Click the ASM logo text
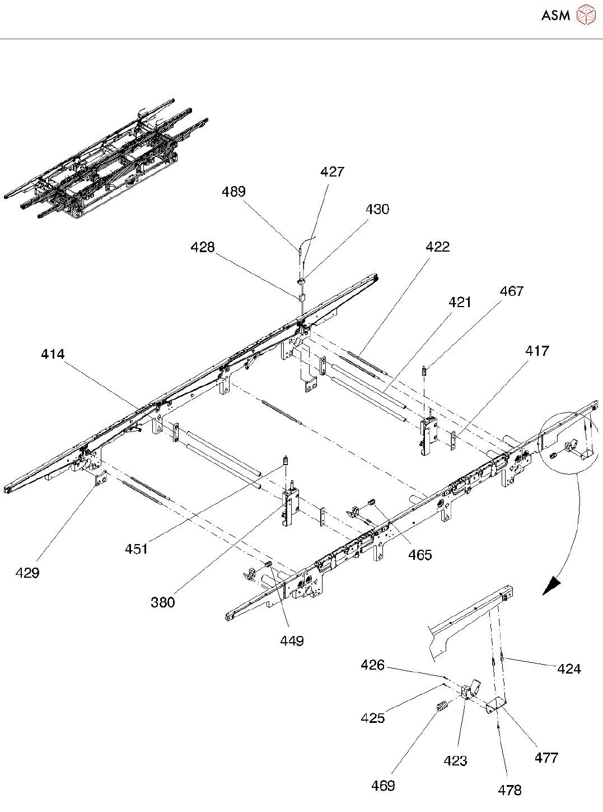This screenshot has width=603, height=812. pyautogui.click(x=555, y=15)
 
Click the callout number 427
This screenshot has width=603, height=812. pyautogui.click(x=332, y=172)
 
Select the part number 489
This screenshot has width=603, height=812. pyautogui.click(x=233, y=192)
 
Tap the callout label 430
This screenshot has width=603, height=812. pyautogui.click(x=377, y=210)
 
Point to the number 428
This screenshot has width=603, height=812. pyautogui.click(x=202, y=247)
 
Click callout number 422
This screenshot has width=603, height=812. pyautogui.click(x=437, y=247)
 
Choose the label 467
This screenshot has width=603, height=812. pyautogui.click(x=511, y=291)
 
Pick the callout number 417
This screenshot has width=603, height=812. pyautogui.click(x=537, y=351)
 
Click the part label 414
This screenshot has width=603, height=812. pyautogui.click(x=53, y=354)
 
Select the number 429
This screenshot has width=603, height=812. pyautogui.click(x=27, y=573)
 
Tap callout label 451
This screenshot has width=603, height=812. pyautogui.click(x=136, y=549)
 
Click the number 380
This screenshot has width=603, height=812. pyautogui.click(x=162, y=602)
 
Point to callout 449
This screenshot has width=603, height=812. pyautogui.click(x=292, y=641)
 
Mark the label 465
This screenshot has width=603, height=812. pyautogui.click(x=420, y=555)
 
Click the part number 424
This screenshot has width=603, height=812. pyautogui.click(x=569, y=669)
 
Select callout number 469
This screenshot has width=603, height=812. pyautogui.click(x=383, y=786)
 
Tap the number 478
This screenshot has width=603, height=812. pyautogui.click(x=509, y=790)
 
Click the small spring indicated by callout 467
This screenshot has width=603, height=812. pyautogui.click(x=425, y=371)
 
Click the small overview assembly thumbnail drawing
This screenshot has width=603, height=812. pyautogui.click(x=106, y=160)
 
